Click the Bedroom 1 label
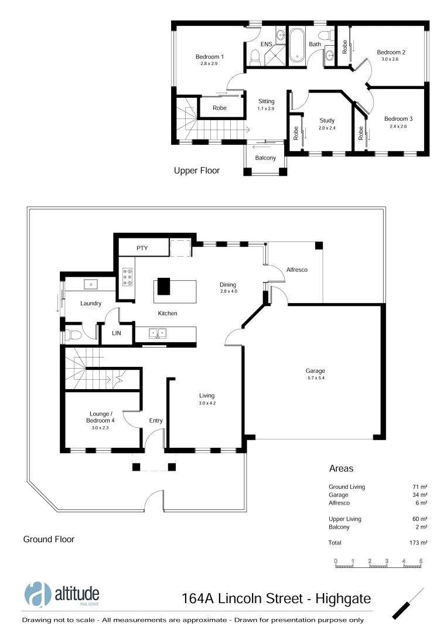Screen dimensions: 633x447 point(209,57)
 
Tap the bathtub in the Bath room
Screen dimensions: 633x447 point(296,45)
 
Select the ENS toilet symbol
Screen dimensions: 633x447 point(255,57)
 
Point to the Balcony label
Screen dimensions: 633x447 point(265,158)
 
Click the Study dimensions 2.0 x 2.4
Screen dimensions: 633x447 point(327,128)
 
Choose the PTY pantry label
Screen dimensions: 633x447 point(142,248)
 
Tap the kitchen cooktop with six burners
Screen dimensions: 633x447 point(127,276)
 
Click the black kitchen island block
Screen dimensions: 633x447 point(163,287)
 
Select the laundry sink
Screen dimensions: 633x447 point(91,285)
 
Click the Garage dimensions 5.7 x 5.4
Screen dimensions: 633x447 point(315,378)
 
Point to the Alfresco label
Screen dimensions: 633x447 point(296,270)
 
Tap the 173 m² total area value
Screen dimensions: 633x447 point(418,543)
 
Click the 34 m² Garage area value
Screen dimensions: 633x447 point(419,495)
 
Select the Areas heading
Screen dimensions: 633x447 point(341,469)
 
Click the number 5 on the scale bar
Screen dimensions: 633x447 point(421,561)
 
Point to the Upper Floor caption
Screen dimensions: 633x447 point(197,171)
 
